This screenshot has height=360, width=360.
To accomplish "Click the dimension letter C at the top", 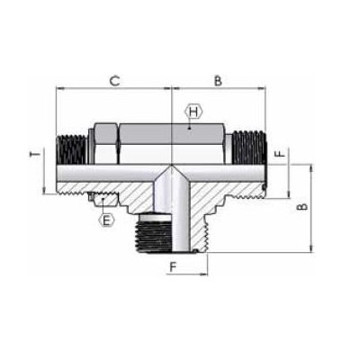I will click(114, 81).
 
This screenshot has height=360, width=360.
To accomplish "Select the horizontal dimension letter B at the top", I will click(219, 81).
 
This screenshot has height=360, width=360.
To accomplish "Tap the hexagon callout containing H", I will click(191, 112).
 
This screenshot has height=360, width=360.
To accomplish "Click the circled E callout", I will click(107, 219).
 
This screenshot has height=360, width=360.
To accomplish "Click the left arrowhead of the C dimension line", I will click(59, 89).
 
